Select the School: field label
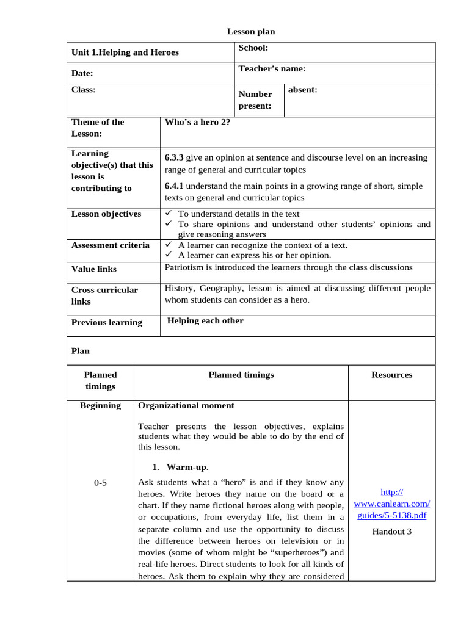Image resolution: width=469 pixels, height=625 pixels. point(253,48)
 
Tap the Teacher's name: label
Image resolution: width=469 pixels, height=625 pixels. point(272,69)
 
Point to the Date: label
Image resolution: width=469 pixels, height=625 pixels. point(82,73)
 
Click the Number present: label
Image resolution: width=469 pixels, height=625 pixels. point(255,100)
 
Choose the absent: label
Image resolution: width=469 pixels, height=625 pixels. point(302,90)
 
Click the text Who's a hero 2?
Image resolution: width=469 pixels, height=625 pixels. point(197,122)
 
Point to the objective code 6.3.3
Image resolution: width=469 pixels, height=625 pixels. point(174,157)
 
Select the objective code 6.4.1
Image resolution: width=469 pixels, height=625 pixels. point(174,186)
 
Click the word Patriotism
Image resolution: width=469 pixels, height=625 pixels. point(185,267)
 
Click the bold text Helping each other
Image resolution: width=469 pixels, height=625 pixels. point(205,321)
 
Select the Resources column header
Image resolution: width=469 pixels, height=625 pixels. point(391,375)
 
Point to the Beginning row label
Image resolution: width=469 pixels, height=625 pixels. point(100,405)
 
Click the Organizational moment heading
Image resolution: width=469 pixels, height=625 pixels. point(186,405)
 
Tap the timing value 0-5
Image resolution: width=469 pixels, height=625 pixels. point(100,483)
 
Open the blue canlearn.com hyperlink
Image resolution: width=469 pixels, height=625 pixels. point(391,504)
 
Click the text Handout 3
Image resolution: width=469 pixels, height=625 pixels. point(391,531)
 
